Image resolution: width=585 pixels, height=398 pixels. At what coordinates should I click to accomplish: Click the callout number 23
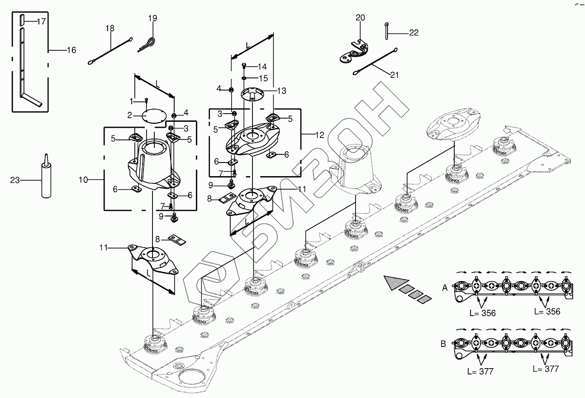(15, 180)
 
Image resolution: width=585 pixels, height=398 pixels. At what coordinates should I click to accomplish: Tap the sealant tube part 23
(45, 178)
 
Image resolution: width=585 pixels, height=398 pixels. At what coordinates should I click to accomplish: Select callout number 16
(71, 50)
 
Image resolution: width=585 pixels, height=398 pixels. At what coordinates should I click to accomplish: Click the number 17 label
(41, 21)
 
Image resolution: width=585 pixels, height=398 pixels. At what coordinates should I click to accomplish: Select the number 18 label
(110, 28)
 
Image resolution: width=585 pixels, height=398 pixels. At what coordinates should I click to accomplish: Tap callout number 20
(360, 18)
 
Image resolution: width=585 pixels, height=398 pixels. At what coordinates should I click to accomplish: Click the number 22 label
(414, 33)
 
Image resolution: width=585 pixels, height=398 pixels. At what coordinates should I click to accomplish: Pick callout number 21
(395, 75)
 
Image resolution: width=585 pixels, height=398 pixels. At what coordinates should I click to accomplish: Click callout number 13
(281, 91)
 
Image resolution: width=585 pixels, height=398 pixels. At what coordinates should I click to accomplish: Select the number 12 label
(320, 135)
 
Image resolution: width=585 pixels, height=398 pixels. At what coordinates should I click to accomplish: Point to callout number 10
(83, 180)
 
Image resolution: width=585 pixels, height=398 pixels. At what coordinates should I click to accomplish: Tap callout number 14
(262, 67)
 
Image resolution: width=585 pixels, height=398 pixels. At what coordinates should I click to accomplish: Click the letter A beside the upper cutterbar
(445, 287)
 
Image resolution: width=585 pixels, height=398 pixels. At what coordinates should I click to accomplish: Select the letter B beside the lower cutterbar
(443, 344)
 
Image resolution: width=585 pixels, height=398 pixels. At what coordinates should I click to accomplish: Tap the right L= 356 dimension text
(547, 312)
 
